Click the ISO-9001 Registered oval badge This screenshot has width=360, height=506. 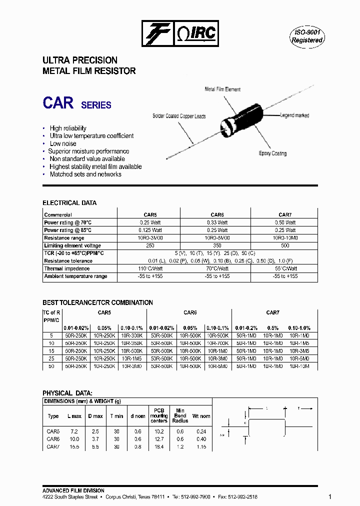tap(307, 36)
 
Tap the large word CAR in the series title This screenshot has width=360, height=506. tap(58, 102)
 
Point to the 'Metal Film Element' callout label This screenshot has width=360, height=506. tap(222, 89)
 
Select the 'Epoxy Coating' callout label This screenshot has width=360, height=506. tap(272, 153)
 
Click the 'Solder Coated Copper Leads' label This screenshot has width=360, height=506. tap(179, 116)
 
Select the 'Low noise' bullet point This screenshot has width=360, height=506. tap(62, 143)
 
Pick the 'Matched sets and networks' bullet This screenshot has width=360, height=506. tap(85, 174)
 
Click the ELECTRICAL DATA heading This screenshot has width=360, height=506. tap(69, 203)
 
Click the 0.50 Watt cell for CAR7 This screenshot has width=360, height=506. tap(285, 222)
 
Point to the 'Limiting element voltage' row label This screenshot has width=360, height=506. tap(72, 245)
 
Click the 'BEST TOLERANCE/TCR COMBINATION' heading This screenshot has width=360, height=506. tap(97, 302)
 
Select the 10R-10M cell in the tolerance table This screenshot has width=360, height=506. tap(299, 366)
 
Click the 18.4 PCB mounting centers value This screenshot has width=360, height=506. tap(158, 446)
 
